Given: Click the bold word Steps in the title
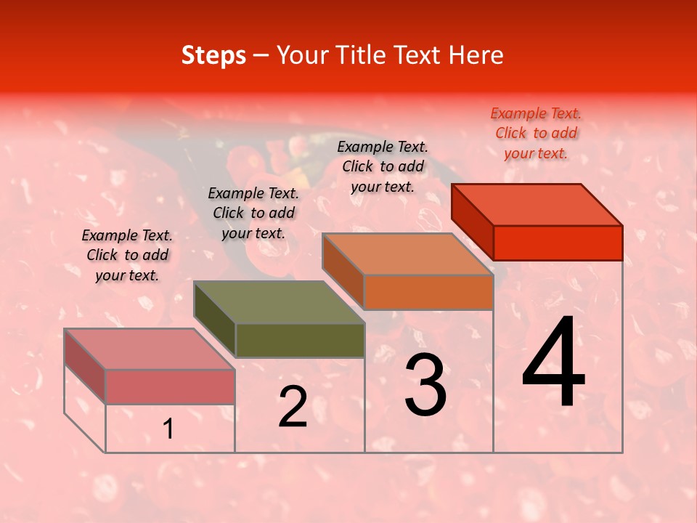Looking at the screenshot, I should point(213,55).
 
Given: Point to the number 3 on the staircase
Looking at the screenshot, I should point(425,385).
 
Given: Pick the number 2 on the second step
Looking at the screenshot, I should point(293,407).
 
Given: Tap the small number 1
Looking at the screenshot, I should point(168,429).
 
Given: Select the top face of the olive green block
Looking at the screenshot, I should point(280,302).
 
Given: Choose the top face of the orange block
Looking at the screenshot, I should point(408,254).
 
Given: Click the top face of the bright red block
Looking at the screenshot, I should point(537,205).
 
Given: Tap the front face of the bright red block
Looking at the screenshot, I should point(558,243).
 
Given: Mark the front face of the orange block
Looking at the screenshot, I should point(428,292).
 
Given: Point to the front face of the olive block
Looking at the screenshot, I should point(300,340).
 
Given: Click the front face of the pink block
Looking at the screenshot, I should point(170,386).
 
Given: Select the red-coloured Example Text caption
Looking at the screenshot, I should point(536,133).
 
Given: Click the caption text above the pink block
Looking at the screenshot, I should point(127,255).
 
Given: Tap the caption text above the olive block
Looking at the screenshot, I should point(253,213).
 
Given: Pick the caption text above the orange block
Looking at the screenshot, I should point(383,166).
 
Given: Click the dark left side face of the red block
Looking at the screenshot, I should point(473,218).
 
